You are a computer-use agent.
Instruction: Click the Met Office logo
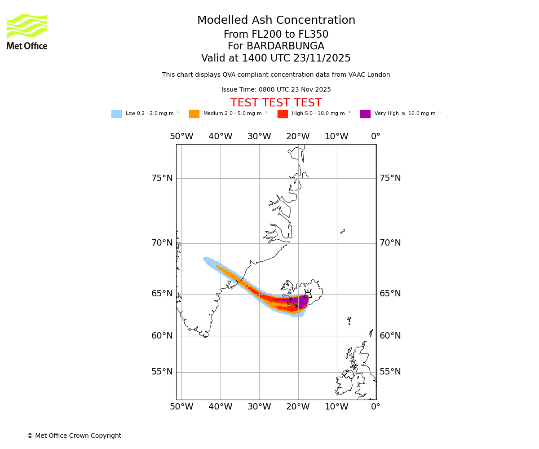click(x=27, y=31)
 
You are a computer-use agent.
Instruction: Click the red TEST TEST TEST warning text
click(x=276, y=103)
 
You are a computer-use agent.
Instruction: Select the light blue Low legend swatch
click(x=116, y=114)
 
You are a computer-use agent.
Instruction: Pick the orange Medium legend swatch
click(x=194, y=114)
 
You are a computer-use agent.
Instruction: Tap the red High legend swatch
click(x=283, y=114)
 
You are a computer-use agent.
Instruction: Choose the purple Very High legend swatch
click(x=365, y=114)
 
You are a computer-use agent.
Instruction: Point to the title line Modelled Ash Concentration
click(x=276, y=21)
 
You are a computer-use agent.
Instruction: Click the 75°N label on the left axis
click(x=162, y=178)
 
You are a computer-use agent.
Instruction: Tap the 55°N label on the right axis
click(x=390, y=372)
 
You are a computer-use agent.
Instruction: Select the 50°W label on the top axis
click(x=181, y=136)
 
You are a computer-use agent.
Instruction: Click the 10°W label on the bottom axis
click(x=336, y=407)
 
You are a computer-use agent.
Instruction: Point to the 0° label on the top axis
click(x=376, y=136)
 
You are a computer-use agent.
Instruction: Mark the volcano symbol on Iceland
click(x=308, y=294)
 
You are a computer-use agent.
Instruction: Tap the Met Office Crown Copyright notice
click(x=74, y=436)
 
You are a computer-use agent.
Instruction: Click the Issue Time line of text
click(x=276, y=90)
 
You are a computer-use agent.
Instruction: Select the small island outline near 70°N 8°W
click(x=343, y=231)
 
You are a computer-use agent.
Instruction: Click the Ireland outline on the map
click(x=344, y=384)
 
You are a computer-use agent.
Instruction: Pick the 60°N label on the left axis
click(x=162, y=336)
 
